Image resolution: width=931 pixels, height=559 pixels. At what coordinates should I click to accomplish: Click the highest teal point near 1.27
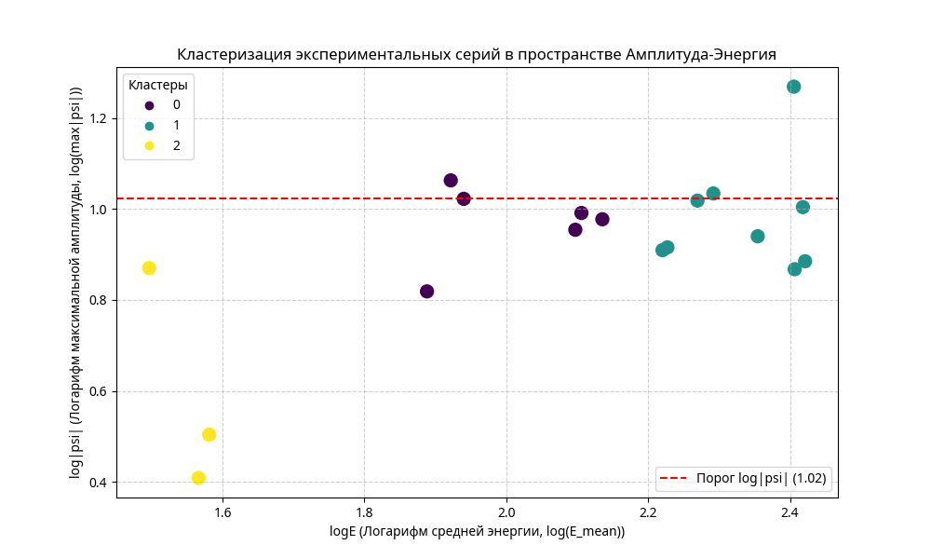(x=793, y=87)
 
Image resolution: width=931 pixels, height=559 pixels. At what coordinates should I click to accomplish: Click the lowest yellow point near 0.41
(x=198, y=478)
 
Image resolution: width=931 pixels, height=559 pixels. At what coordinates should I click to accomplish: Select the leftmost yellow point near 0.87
(x=149, y=268)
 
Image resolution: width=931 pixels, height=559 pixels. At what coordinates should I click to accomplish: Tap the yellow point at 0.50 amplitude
(x=209, y=434)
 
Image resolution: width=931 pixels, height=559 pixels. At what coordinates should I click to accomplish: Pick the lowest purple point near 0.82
(x=426, y=292)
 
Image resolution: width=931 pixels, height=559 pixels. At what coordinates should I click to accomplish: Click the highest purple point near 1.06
(x=451, y=181)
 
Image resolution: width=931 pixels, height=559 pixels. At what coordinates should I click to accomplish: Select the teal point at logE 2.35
(x=758, y=237)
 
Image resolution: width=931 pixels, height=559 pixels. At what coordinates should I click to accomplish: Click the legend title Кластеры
(x=158, y=85)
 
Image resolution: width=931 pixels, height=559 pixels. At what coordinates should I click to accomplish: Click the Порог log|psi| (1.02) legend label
(x=762, y=479)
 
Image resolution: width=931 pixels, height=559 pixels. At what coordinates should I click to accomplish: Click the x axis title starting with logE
(x=477, y=531)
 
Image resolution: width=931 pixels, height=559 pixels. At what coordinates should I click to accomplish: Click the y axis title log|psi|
(x=75, y=282)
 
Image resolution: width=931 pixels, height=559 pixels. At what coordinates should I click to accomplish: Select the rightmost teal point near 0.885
(x=804, y=262)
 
